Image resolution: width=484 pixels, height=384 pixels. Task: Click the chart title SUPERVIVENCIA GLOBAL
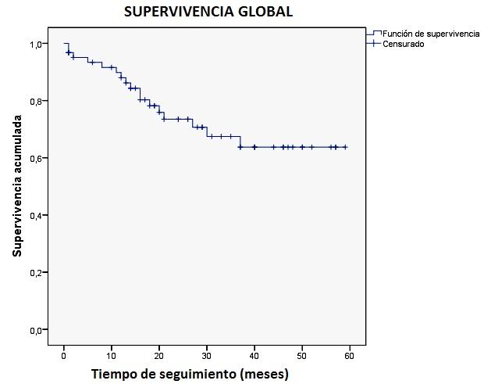(x=208, y=13)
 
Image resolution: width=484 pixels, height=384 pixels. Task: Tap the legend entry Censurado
(x=403, y=44)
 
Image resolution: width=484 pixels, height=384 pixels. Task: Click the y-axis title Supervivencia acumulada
(x=16, y=187)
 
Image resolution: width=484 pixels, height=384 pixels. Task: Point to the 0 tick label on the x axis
(x=64, y=356)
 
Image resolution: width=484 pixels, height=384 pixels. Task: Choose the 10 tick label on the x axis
(x=112, y=356)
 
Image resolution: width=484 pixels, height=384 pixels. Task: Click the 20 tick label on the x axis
(x=159, y=356)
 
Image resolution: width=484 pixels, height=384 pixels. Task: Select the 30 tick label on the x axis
(x=207, y=356)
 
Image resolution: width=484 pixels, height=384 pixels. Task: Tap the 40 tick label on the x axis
(x=254, y=356)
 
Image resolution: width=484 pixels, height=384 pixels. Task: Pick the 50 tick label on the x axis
(x=302, y=356)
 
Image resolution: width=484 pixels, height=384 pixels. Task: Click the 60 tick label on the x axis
(x=350, y=356)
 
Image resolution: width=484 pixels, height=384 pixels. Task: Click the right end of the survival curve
(x=345, y=147)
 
